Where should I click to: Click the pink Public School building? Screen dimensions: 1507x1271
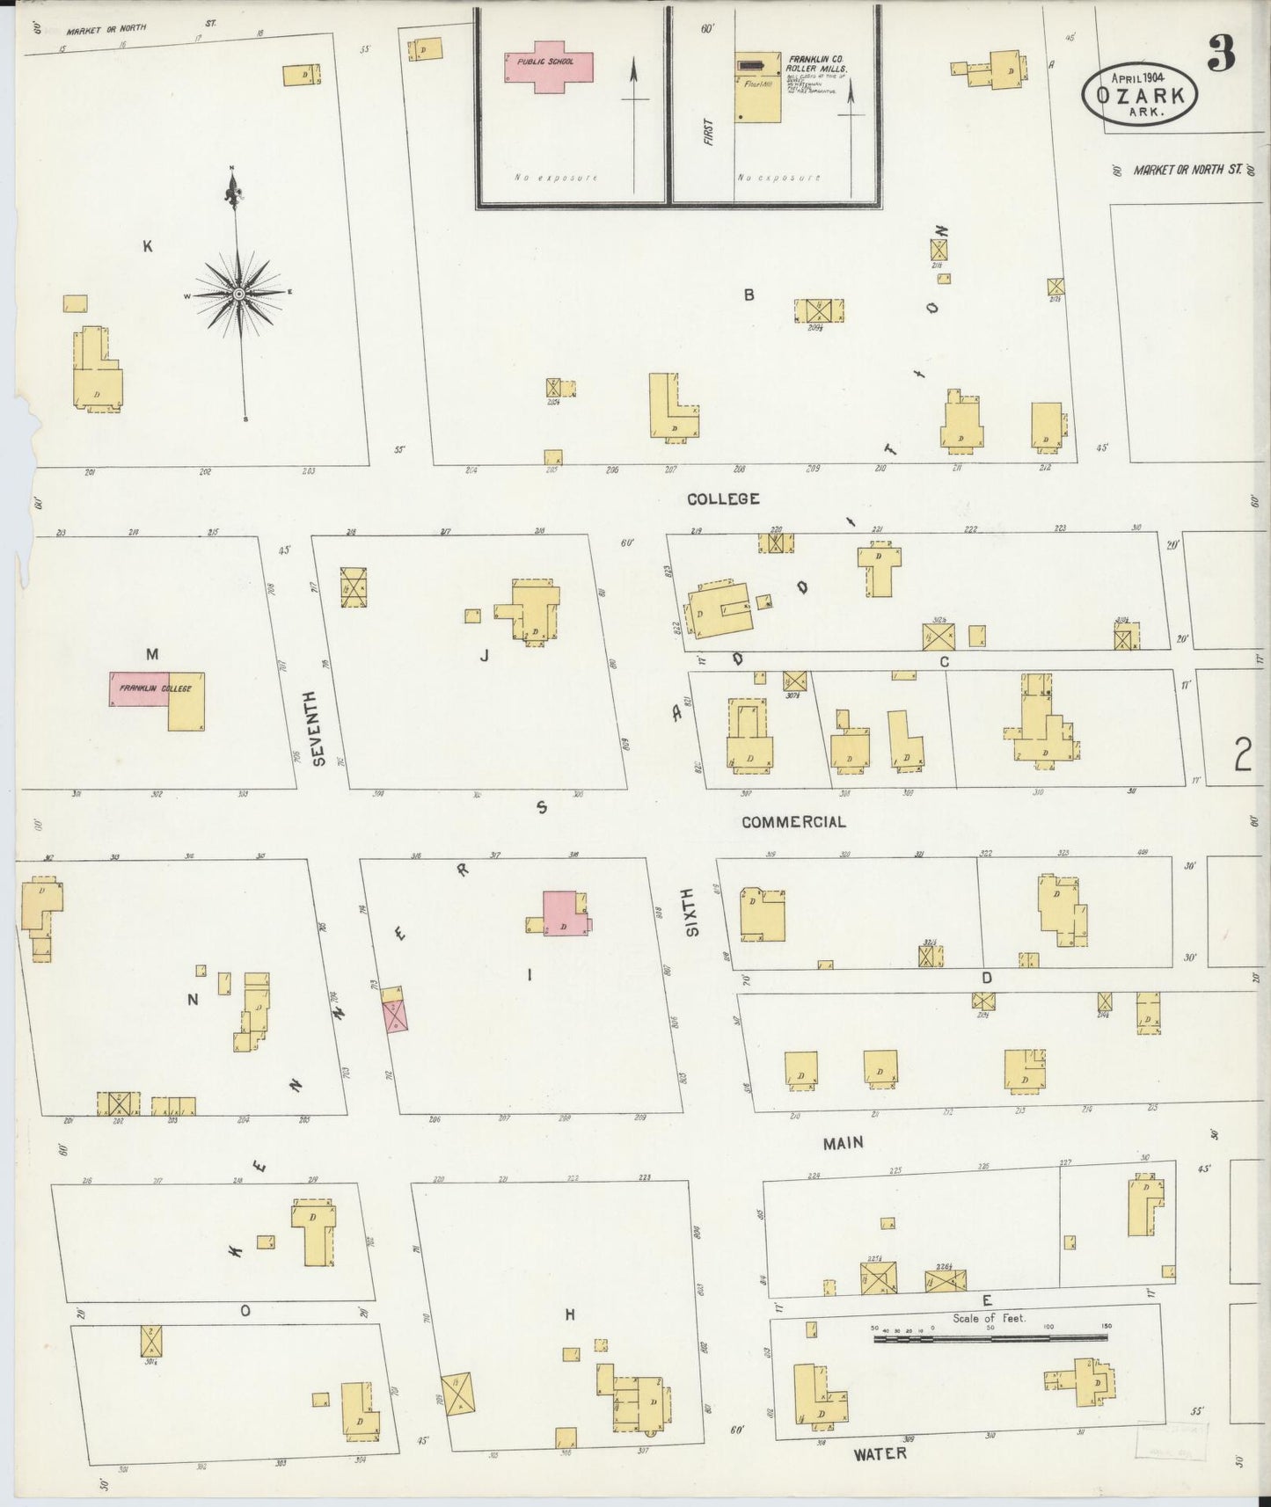[x=549, y=66]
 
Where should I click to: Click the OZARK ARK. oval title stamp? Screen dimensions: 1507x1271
[x=1140, y=95]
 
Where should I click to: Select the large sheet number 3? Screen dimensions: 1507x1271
[x=1221, y=55]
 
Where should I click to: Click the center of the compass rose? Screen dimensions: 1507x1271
[x=238, y=293]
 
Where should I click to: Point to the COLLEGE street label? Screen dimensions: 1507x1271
[x=723, y=499]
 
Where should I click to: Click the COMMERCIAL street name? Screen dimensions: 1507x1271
[x=793, y=822]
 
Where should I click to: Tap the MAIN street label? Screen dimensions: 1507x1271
[x=843, y=1143]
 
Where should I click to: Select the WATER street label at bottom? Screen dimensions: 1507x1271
[x=880, y=1453]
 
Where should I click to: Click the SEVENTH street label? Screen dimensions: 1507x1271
[x=319, y=726]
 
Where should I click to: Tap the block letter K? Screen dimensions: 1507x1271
[x=148, y=247]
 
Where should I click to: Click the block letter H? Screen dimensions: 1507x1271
[x=570, y=1314]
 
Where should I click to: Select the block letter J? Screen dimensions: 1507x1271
[x=484, y=655]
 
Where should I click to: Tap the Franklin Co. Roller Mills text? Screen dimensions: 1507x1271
[x=817, y=64]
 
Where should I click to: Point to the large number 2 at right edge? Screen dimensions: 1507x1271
[x=1242, y=753]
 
